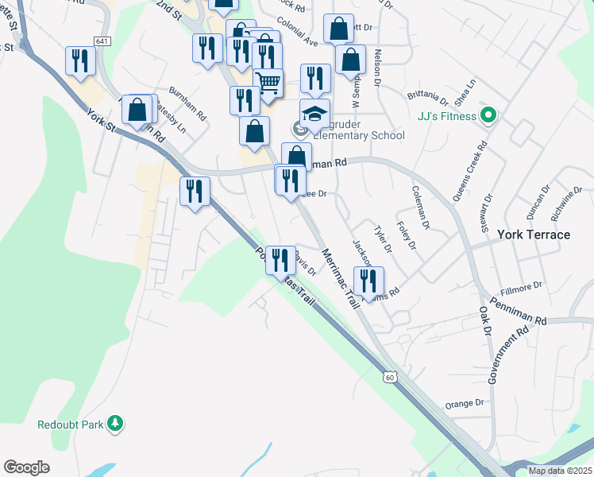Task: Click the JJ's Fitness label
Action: click(x=446, y=117)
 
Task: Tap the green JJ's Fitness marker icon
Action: click(x=489, y=117)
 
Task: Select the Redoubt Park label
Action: click(x=71, y=425)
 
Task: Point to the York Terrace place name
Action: click(x=534, y=235)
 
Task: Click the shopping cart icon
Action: click(x=268, y=82)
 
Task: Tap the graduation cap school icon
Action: click(x=314, y=112)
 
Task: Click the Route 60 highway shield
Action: click(x=388, y=376)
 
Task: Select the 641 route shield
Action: click(x=102, y=41)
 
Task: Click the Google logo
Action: click(x=26, y=467)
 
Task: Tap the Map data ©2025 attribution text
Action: click(x=560, y=471)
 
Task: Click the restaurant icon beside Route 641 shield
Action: click(x=80, y=60)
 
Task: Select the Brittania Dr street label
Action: click(x=428, y=98)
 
